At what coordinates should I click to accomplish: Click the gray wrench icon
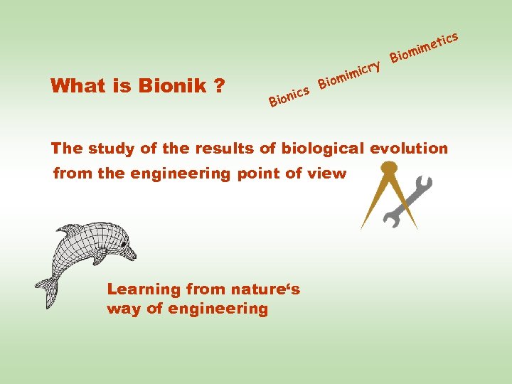pyautogui.click(x=408, y=202)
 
